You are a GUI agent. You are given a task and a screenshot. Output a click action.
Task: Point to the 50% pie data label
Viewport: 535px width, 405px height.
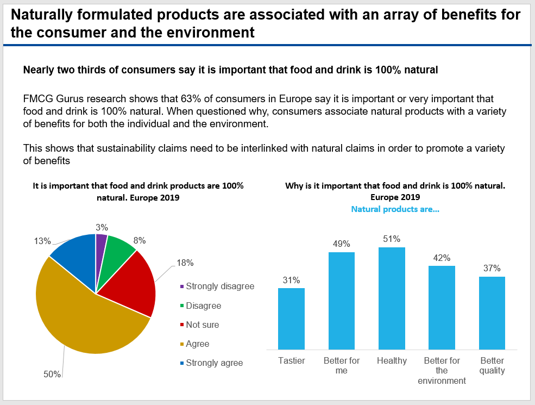tap(52, 373)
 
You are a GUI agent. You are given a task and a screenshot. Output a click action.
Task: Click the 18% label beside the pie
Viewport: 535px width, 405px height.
tap(185, 263)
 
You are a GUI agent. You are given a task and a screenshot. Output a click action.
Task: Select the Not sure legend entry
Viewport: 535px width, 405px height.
tap(202, 325)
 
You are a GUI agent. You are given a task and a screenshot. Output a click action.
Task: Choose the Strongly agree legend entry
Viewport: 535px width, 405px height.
tap(214, 363)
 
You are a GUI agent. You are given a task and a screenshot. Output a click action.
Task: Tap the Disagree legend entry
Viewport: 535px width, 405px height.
tap(203, 306)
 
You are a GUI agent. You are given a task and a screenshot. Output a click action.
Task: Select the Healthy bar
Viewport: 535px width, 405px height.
tap(392, 298)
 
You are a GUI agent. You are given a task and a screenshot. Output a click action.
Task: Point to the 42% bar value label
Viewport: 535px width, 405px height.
tap(442, 258)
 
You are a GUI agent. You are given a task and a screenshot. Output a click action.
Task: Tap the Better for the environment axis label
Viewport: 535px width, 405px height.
tap(442, 371)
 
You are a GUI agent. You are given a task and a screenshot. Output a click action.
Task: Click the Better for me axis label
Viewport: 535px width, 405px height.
tap(342, 365)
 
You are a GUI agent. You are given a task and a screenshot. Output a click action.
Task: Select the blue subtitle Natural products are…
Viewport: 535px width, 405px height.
tap(395, 209)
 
